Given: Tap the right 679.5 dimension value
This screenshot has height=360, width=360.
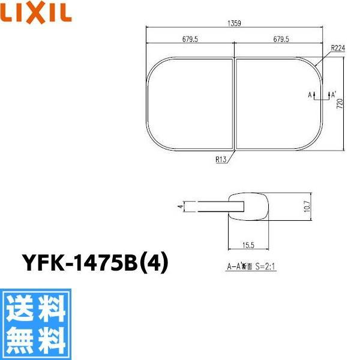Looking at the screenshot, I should (278, 40).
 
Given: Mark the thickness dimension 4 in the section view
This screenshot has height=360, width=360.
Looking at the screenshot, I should (179, 206).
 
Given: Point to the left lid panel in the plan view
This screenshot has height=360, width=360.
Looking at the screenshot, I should (190, 103).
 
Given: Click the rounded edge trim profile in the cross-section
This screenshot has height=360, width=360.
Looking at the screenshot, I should (252, 206).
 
